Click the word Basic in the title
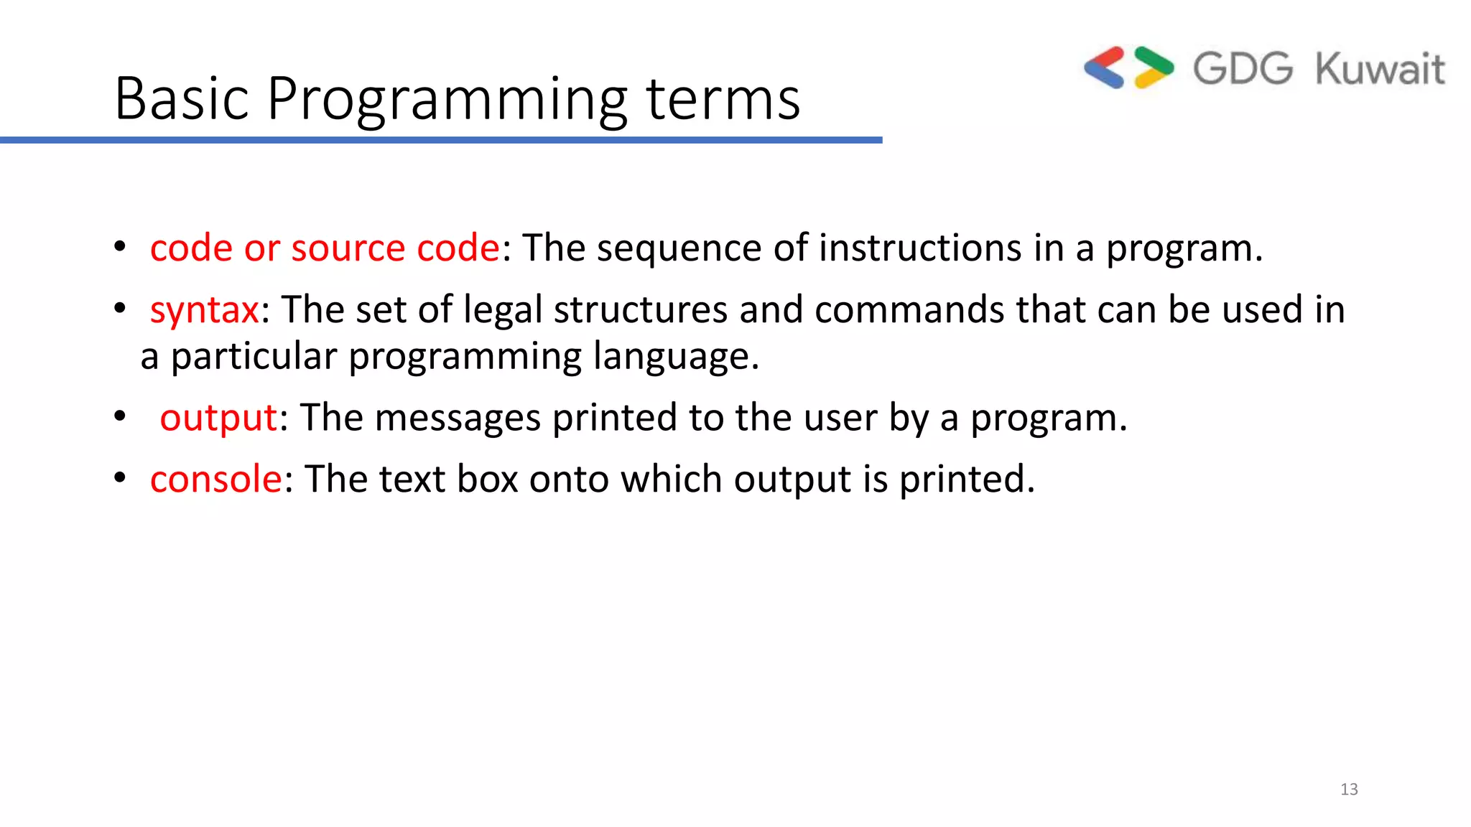point(182,98)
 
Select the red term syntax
point(204,311)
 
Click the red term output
point(218,419)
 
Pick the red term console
point(216,479)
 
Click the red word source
point(348,248)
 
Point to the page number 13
point(1349,789)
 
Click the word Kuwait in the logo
point(1380,70)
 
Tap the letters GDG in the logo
point(1243,69)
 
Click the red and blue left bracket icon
point(1104,67)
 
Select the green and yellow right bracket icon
point(1154,67)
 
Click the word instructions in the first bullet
point(920,248)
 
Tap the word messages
point(457,419)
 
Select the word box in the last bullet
point(487,479)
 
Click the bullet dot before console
point(120,477)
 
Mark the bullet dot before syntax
point(120,309)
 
